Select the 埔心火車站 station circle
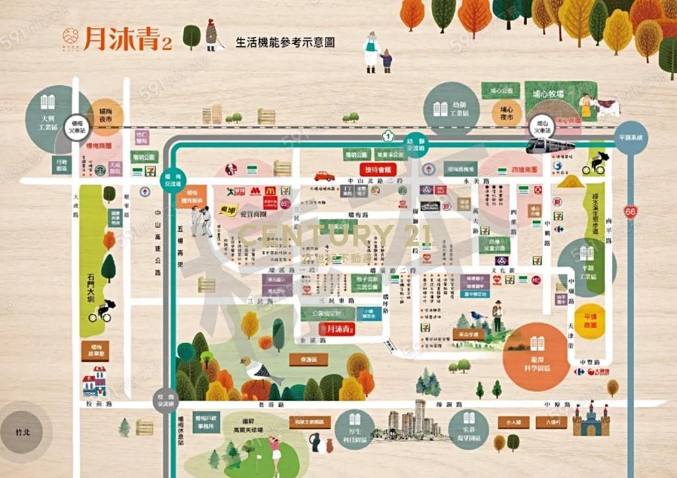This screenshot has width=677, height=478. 542,127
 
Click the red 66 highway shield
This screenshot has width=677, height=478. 631,212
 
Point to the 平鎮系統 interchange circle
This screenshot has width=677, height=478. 631,138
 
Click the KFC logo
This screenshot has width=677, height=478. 231,169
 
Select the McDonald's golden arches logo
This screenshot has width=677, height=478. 270,191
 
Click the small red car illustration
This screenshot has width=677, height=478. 324,176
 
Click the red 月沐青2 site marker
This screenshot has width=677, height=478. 337,329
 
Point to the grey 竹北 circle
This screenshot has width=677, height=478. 23,432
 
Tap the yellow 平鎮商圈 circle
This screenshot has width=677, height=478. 590,321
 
